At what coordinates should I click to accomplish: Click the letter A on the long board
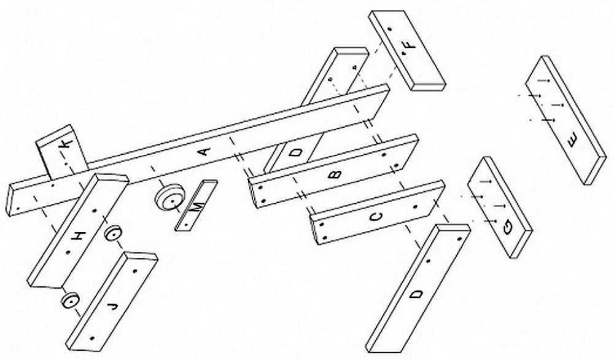(205, 151)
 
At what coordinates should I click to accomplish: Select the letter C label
(376, 217)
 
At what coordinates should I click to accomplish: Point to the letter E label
(572, 139)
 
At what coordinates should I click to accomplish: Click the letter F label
(408, 45)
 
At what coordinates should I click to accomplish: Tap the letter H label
(79, 237)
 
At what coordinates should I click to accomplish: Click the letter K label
(66, 144)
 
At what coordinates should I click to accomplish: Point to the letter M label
(197, 206)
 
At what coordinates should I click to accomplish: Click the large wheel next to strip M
(169, 197)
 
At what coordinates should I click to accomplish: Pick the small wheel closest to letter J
(71, 301)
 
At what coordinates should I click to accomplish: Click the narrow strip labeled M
(196, 206)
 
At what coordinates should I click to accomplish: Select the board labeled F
(407, 50)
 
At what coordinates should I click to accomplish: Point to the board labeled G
(500, 208)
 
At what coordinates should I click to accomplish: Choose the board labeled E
(565, 120)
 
